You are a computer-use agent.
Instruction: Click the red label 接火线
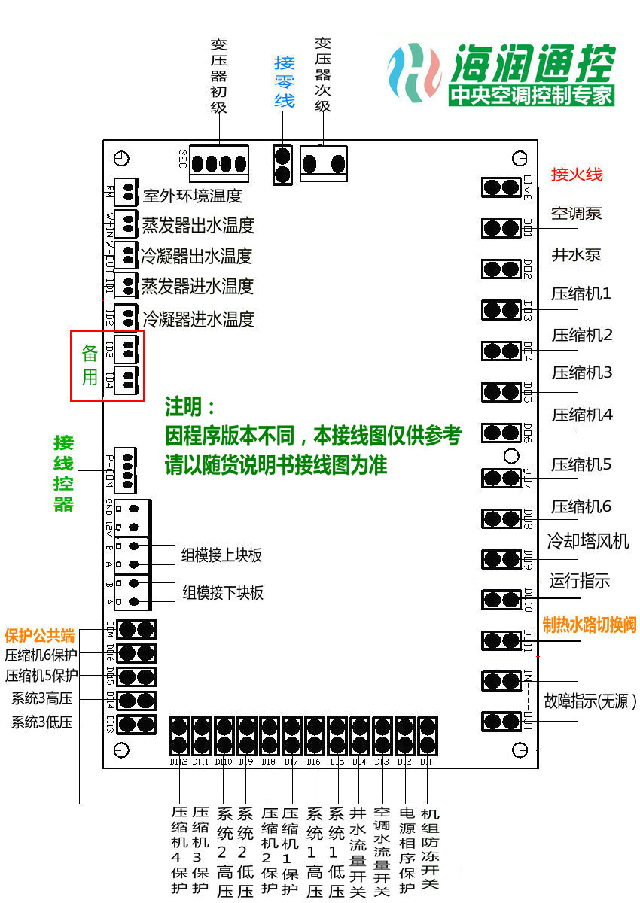tap(577, 175)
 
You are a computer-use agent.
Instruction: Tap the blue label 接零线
tap(284, 81)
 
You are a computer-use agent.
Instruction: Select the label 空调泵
tap(576, 214)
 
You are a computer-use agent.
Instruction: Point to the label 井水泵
tap(576, 254)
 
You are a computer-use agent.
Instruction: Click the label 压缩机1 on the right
tap(581, 294)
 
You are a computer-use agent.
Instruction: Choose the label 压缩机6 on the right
tap(581, 506)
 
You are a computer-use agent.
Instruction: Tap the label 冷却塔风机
tap(588, 540)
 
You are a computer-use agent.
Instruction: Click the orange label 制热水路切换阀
tap(590, 625)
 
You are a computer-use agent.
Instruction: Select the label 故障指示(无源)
tap(590, 702)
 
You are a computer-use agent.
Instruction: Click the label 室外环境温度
tap(193, 196)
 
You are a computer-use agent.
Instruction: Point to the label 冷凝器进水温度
tap(198, 318)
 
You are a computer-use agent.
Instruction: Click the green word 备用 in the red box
tap(90, 365)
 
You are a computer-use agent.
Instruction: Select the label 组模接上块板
tap(221, 555)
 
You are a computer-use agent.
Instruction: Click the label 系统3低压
tap(41, 723)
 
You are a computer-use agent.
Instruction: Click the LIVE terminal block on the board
tap(501, 187)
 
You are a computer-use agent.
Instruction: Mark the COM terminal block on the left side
tap(136, 629)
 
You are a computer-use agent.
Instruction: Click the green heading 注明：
tap(190, 408)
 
